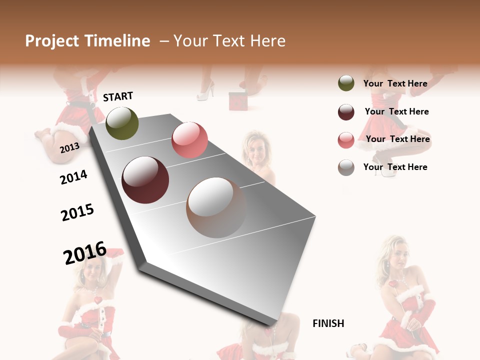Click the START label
point(118,96)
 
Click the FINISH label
point(328,323)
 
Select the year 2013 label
point(69,147)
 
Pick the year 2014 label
point(73,177)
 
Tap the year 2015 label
point(77,212)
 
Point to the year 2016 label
point(85,253)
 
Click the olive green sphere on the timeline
point(122,123)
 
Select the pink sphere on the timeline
point(189,139)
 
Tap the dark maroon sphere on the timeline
point(145,180)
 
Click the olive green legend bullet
point(346,83)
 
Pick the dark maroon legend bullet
point(346,112)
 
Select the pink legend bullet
point(346,140)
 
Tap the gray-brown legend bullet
point(346,167)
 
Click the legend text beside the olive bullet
point(395,83)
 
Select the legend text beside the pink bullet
point(397,139)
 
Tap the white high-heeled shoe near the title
point(206,91)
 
